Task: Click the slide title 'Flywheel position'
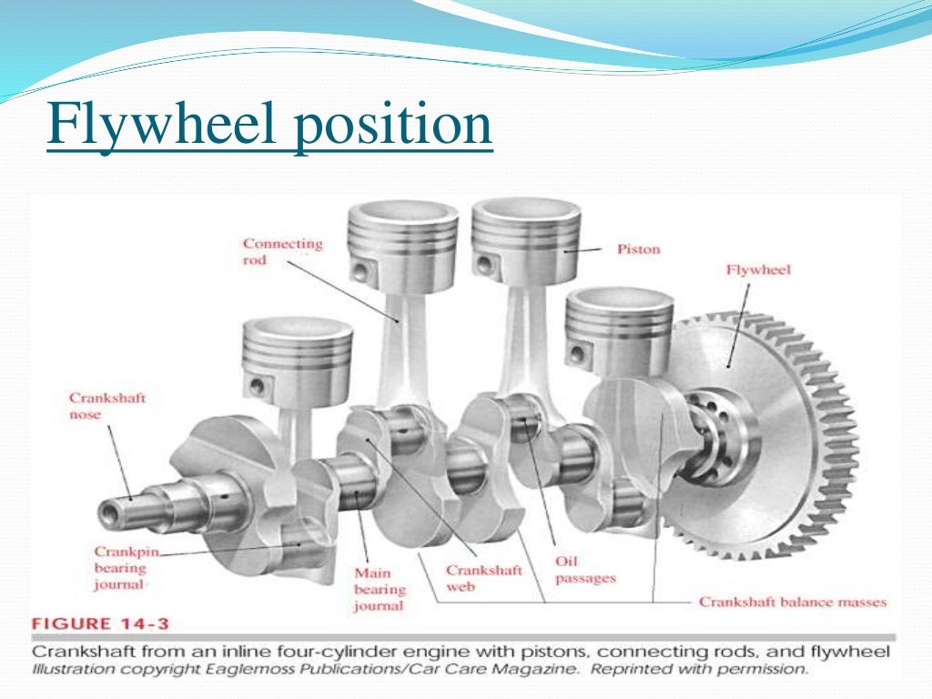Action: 269,127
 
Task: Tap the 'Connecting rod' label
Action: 282,252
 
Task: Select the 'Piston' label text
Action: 638,248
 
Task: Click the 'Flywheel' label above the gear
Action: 758,269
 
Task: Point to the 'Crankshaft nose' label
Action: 107,407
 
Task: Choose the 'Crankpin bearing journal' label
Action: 120,568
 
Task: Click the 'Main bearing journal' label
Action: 379,588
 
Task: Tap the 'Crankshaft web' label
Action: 483,579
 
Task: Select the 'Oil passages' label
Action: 585,570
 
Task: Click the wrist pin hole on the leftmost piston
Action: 258,386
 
